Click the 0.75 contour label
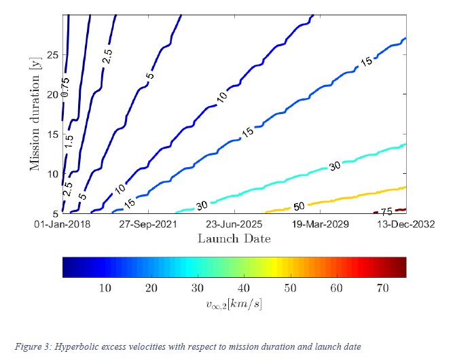65,88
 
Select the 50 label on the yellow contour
300,206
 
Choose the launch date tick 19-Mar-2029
321,223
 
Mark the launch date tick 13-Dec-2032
405,223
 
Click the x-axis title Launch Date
234,238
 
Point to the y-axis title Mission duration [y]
35,115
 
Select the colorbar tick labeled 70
382,289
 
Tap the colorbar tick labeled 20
151,289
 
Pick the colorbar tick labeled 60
336,289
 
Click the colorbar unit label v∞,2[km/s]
234,304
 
